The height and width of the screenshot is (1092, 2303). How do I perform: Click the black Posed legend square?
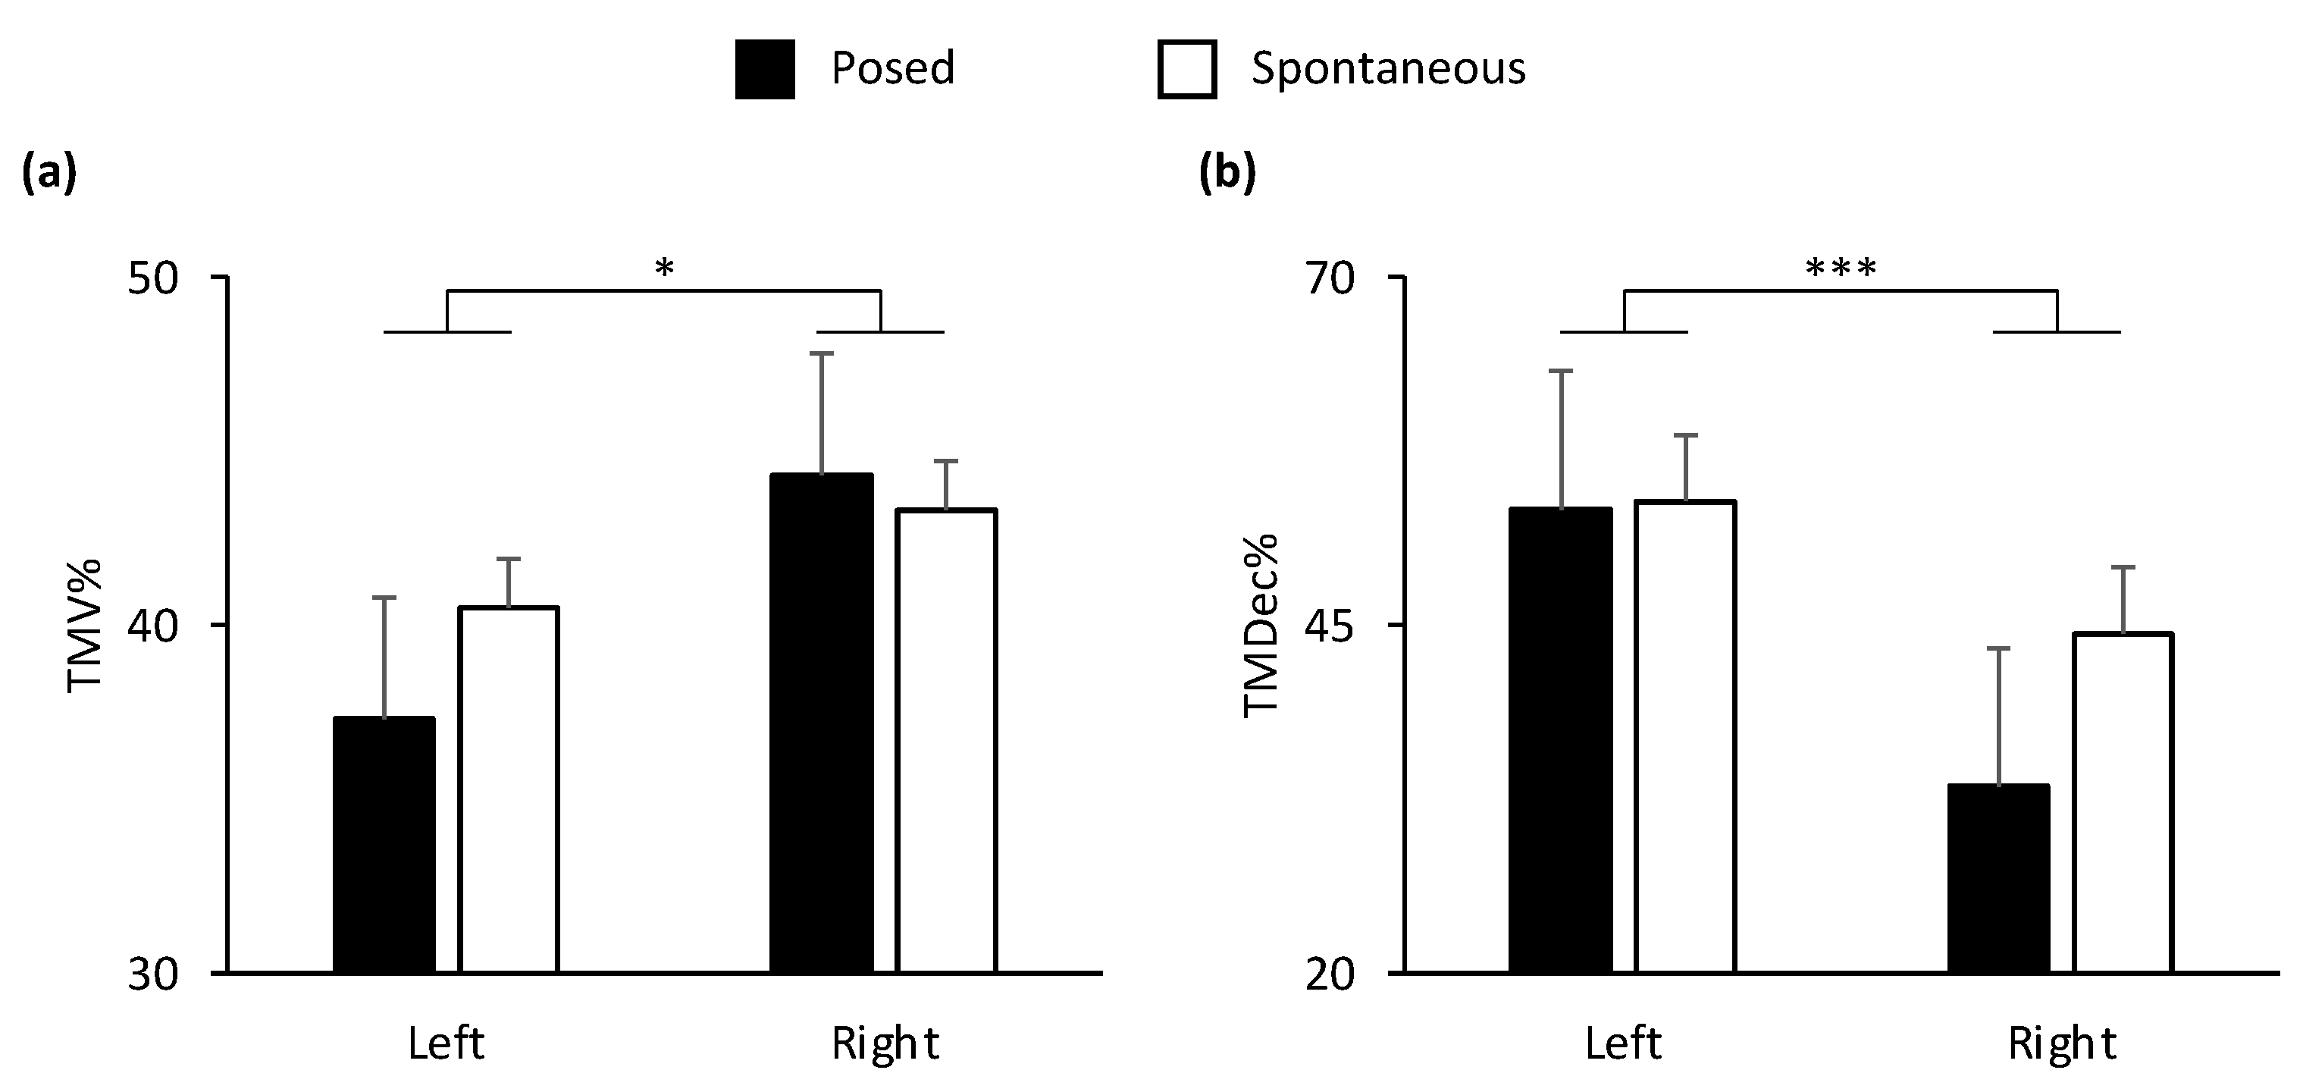[764, 70]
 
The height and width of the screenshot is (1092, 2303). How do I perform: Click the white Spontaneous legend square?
[1186, 70]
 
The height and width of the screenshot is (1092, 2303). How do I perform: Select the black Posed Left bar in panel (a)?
[384, 845]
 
